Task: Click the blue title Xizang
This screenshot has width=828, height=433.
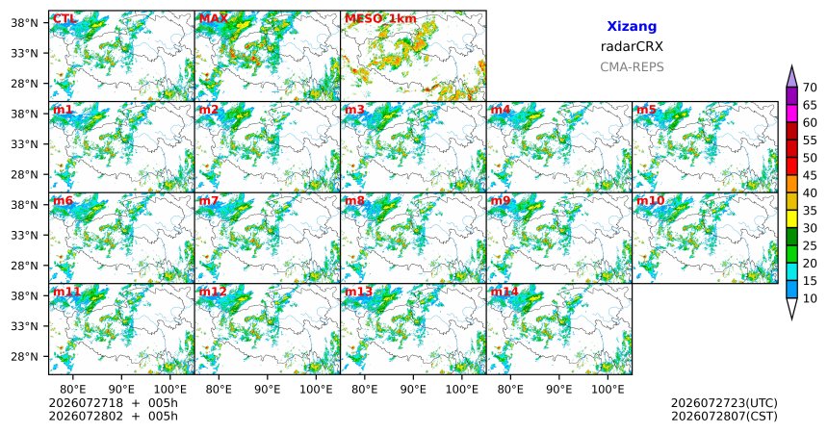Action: point(632,26)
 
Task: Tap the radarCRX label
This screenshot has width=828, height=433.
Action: point(632,46)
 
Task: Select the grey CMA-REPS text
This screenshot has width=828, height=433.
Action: point(632,67)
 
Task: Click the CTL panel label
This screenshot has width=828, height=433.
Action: point(64,19)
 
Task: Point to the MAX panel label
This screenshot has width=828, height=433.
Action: point(214,19)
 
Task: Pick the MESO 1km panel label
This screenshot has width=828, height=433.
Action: point(380,19)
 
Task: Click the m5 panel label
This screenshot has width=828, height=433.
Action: point(646,110)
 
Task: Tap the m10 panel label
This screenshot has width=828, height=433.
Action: point(650,201)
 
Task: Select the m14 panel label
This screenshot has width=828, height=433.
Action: point(505,292)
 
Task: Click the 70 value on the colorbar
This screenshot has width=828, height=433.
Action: point(810,88)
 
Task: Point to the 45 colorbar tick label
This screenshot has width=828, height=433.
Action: point(810,175)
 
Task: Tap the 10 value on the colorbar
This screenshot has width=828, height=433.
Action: point(810,298)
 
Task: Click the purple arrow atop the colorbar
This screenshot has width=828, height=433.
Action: point(791,77)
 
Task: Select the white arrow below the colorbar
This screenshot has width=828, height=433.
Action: point(791,309)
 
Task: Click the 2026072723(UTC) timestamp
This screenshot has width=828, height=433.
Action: point(724,403)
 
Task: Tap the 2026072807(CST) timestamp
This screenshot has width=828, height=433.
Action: point(724,416)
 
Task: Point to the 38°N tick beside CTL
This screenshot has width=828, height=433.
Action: point(24,23)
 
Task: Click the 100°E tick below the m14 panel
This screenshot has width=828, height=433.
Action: point(608,390)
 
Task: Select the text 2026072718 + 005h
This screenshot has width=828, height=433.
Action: point(113,403)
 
